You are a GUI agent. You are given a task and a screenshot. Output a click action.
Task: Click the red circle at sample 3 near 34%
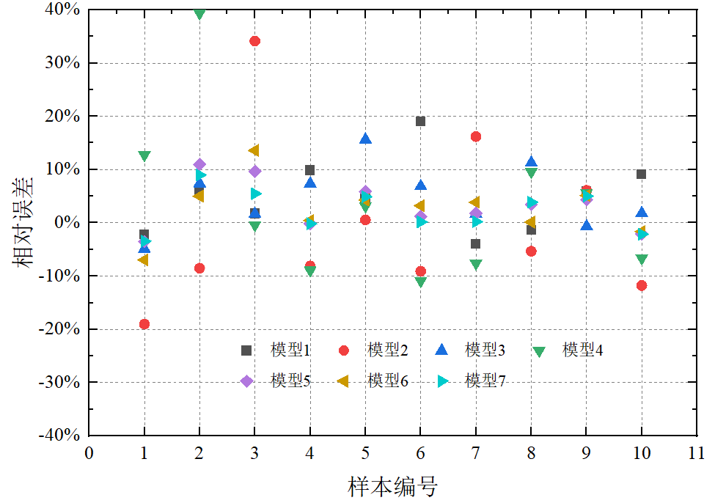[254, 41]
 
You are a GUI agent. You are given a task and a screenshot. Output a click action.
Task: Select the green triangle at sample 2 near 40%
[199, 13]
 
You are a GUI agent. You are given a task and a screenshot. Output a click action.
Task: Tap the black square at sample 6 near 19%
[420, 121]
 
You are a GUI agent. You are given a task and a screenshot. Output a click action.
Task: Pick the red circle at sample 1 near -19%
[144, 324]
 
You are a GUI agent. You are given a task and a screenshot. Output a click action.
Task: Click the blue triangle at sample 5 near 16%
[365, 139]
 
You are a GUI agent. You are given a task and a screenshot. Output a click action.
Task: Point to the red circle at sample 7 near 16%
[476, 136]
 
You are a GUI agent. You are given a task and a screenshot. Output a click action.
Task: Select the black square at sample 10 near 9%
[641, 174]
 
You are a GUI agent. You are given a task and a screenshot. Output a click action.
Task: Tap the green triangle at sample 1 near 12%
[144, 156]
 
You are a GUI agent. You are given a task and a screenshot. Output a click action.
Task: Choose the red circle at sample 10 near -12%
[642, 285]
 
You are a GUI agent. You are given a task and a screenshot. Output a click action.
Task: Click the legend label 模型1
[290, 350]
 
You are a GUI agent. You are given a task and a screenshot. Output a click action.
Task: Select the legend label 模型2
[388, 350]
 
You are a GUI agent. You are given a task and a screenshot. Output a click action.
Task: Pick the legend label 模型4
[583, 350]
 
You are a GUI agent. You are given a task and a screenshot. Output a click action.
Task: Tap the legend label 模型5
[290, 381]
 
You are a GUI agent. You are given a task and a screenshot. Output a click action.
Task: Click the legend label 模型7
[485, 381]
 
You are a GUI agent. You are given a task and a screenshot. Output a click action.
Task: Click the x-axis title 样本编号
[392, 485]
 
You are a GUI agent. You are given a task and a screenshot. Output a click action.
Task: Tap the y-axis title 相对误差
[23, 221]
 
